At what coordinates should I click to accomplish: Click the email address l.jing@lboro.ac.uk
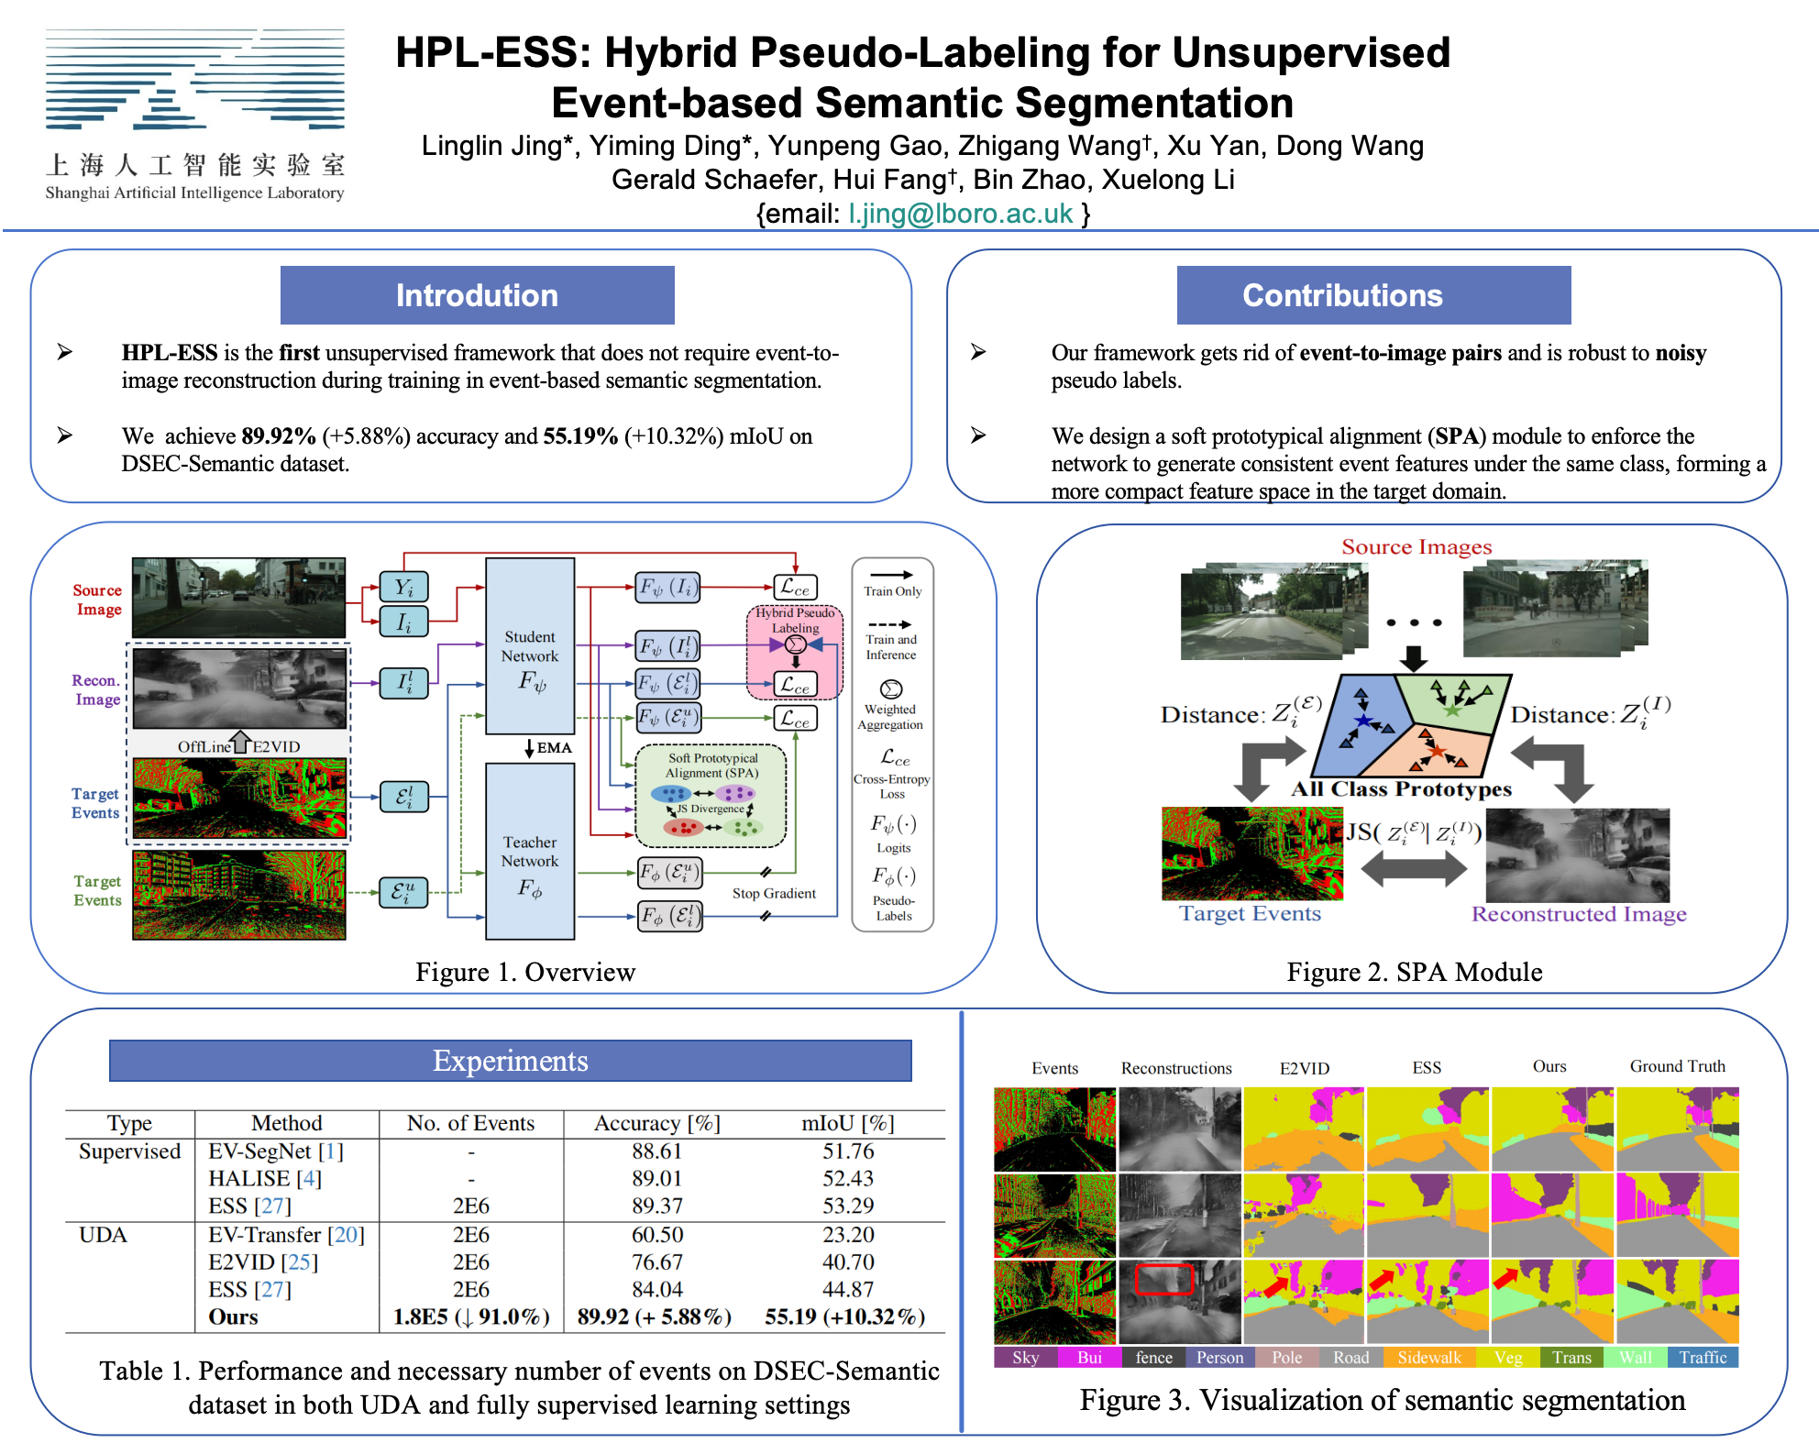pyautogui.click(x=960, y=214)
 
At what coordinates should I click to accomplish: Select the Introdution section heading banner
pyautogui.click(x=477, y=295)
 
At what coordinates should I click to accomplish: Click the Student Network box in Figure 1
pyautogui.click(x=530, y=646)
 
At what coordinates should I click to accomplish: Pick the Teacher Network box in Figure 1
pyautogui.click(x=530, y=852)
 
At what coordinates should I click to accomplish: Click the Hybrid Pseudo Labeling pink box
pyautogui.click(x=795, y=651)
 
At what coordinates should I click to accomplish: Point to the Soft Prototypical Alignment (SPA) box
pyautogui.click(x=711, y=795)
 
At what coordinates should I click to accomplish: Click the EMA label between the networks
pyautogui.click(x=554, y=748)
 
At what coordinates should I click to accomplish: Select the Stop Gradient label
pyautogui.click(x=774, y=893)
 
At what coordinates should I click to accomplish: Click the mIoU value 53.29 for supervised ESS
pyautogui.click(x=847, y=1206)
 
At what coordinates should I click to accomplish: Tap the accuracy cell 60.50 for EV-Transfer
pyautogui.click(x=656, y=1235)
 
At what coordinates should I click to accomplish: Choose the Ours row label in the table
pyautogui.click(x=233, y=1316)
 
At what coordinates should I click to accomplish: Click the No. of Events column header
pyautogui.click(x=470, y=1123)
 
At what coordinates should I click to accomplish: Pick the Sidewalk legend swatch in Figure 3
pyautogui.click(x=1428, y=1358)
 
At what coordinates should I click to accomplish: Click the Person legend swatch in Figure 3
pyautogui.click(x=1219, y=1358)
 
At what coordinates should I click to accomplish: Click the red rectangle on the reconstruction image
pyautogui.click(x=1163, y=1279)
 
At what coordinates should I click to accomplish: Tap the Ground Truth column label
pyautogui.click(x=1677, y=1066)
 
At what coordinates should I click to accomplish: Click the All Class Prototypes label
pyautogui.click(x=1401, y=789)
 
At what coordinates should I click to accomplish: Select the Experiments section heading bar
pyautogui.click(x=510, y=1061)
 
